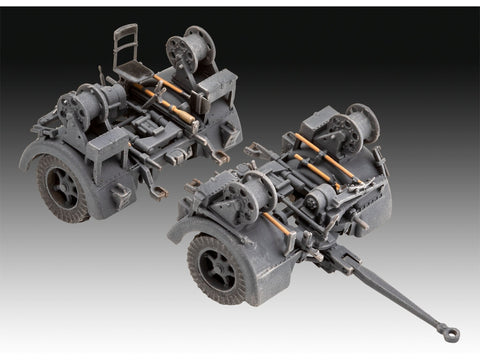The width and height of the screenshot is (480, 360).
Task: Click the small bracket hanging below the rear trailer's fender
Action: click(x=121, y=194)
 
